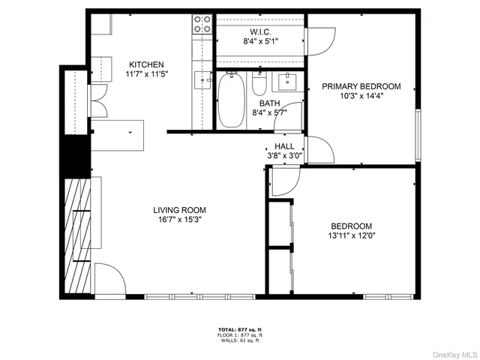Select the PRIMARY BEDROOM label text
coord(361,86)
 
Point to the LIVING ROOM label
coord(179,210)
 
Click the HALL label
coord(284,146)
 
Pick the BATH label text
coord(270,103)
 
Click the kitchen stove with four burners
coord(202,25)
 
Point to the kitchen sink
coord(203,79)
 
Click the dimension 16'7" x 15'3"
coord(179,220)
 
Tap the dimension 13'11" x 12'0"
coord(352,236)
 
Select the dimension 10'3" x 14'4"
coord(361,97)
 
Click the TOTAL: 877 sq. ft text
coord(239,329)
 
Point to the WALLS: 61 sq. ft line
coord(239,340)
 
